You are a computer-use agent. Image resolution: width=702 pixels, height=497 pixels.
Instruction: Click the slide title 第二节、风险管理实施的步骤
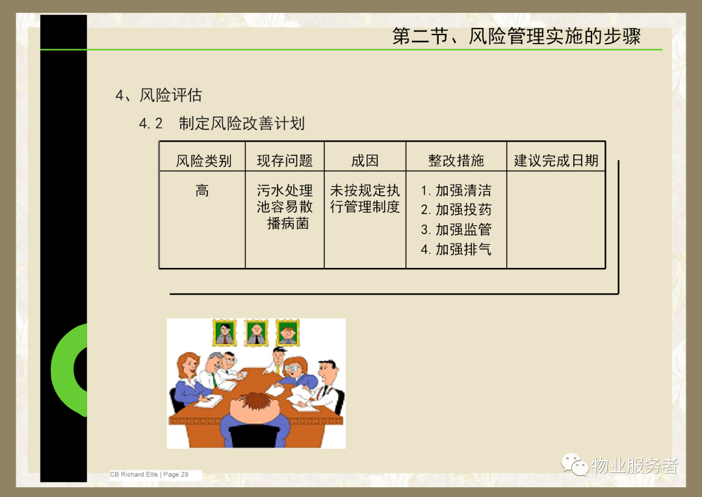516,36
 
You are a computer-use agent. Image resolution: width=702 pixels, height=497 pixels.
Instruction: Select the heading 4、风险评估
159,95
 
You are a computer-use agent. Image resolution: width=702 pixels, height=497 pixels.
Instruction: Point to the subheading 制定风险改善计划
242,123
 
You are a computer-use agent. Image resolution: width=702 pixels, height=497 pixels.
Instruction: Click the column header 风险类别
203,161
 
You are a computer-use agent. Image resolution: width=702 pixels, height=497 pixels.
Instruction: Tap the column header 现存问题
285,161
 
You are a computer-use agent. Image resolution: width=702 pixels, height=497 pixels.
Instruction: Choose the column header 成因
365,161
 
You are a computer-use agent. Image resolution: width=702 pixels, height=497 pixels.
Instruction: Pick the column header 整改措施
456,161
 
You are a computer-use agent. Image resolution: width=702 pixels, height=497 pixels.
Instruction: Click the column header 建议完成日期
556,161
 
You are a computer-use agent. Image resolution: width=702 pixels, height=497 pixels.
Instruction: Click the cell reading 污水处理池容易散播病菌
285,207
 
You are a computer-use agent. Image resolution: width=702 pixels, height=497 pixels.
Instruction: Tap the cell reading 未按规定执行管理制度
365,198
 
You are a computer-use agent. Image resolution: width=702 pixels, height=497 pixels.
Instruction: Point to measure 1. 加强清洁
456,191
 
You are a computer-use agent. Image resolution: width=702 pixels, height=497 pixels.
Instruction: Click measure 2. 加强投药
456,209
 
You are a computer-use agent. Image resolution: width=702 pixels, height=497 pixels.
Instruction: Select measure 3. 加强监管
456,230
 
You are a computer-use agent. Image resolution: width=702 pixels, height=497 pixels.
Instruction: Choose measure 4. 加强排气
456,249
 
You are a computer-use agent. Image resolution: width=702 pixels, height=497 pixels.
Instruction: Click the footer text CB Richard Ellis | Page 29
149,474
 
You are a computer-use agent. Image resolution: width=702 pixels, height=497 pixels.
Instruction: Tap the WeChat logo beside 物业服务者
575,464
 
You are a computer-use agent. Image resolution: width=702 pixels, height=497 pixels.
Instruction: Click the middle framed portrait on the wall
256,333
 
